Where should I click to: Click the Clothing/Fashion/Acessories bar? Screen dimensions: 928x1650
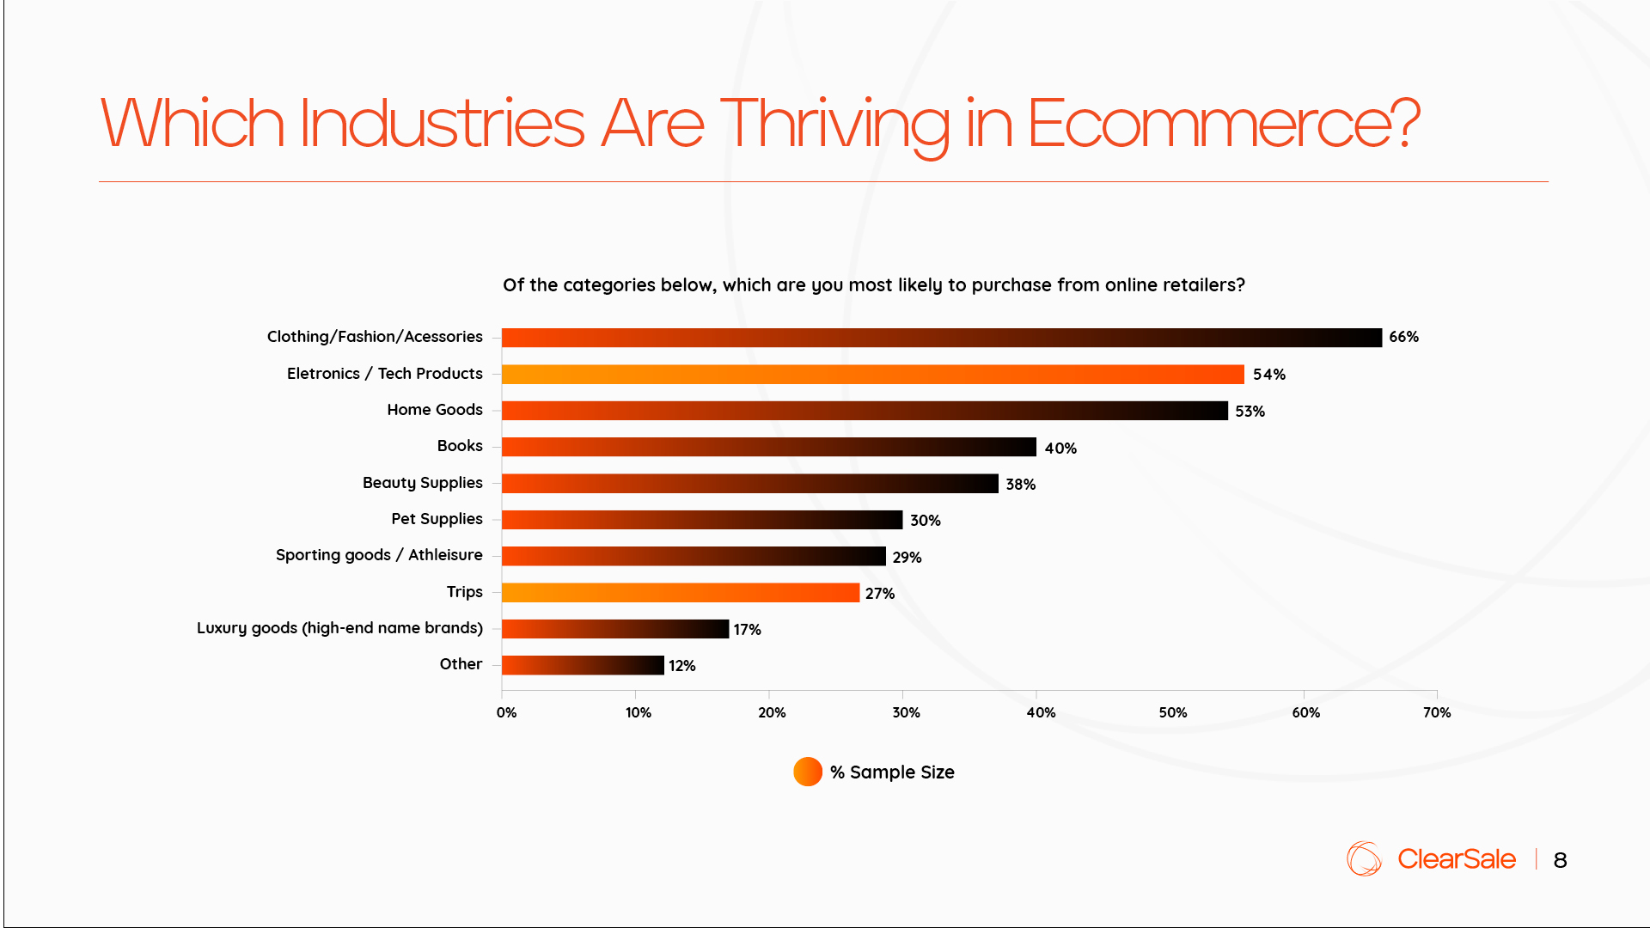[941, 338]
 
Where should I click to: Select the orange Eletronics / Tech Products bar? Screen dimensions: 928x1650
[872, 375]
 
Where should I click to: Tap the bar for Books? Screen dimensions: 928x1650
[768, 447]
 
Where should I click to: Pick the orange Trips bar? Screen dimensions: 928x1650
[680, 593]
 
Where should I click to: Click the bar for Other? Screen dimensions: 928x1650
[583, 665]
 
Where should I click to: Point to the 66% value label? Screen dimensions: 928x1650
[1403, 337]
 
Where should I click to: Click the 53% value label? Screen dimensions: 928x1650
[1250, 412]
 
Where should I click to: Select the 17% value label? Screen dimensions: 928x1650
[747, 630]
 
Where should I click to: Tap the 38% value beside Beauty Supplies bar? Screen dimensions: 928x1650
[1020, 485]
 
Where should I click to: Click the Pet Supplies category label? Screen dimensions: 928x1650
[437, 519]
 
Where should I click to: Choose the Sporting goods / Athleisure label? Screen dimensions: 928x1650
[379, 555]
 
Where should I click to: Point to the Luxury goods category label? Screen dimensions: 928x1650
[339, 628]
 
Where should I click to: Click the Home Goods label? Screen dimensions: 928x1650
[434, 410]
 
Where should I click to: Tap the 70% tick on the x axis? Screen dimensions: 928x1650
[1437, 712]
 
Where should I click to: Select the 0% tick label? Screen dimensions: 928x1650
[506, 712]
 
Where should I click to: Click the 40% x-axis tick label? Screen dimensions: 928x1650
[1041, 712]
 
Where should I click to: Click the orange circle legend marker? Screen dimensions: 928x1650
[808, 772]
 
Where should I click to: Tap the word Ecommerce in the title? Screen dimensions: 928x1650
[1222, 124]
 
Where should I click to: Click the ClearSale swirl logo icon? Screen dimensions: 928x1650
[1364, 858]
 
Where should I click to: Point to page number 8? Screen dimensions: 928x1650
[1560, 860]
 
